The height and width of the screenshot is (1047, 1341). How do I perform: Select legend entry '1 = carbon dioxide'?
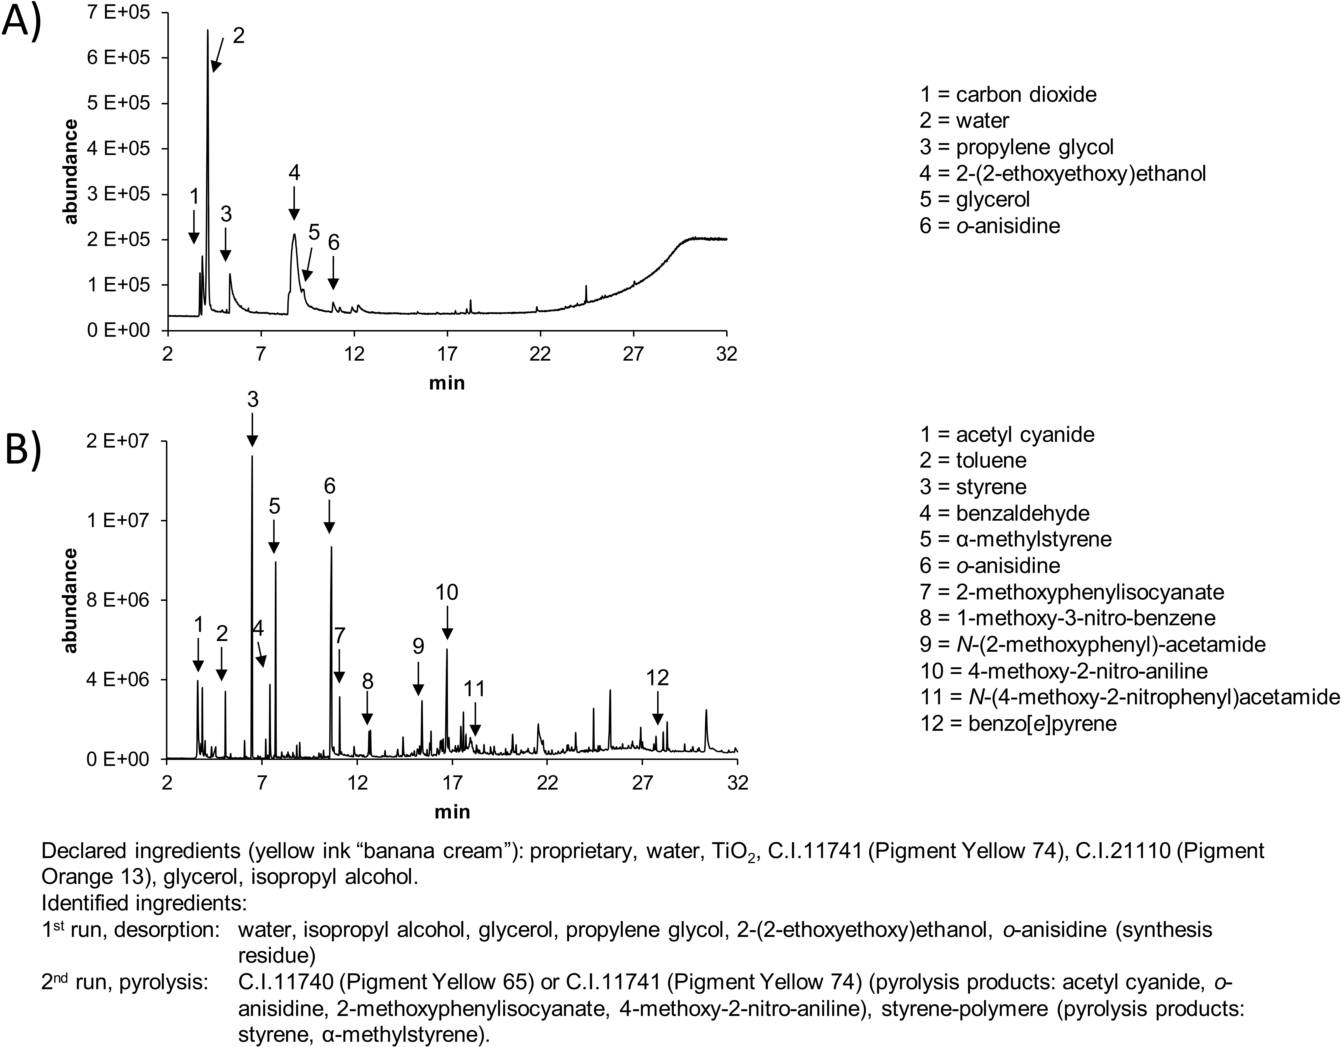pos(1008,95)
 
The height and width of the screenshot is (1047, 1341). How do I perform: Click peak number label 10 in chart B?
pos(447,593)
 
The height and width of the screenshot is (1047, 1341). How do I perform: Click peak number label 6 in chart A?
pos(333,243)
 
